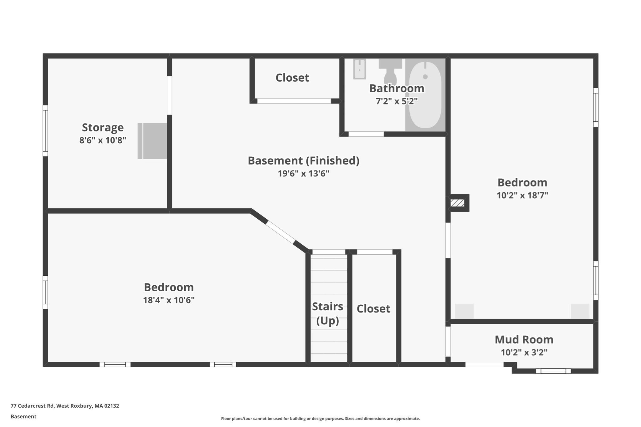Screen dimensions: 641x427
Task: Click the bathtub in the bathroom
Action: tap(425, 95)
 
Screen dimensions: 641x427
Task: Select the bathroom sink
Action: tap(360, 69)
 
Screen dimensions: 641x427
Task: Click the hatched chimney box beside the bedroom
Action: tap(457, 203)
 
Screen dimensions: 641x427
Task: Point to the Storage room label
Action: tap(103, 127)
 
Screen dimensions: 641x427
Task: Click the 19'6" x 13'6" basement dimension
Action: tap(303, 173)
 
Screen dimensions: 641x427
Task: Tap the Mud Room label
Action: tap(524, 339)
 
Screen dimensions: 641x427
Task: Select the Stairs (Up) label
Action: tap(328, 313)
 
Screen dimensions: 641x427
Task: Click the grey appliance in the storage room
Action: tap(152, 141)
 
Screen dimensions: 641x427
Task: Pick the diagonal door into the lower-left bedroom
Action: tap(280, 232)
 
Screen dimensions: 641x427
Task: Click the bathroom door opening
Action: tap(366, 134)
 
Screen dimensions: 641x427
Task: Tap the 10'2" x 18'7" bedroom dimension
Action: tap(522, 195)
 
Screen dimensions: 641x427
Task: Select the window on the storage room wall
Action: tap(45, 131)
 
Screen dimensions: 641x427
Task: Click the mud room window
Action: tap(553, 371)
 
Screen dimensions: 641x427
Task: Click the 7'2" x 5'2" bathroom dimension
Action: tap(397, 101)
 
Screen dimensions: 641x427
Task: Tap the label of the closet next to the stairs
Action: tap(373, 309)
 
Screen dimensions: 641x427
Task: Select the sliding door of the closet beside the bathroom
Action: tap(294, 101)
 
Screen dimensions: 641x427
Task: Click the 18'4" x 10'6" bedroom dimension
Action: tap(169, 300)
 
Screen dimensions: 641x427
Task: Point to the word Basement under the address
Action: tap(23, 416)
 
